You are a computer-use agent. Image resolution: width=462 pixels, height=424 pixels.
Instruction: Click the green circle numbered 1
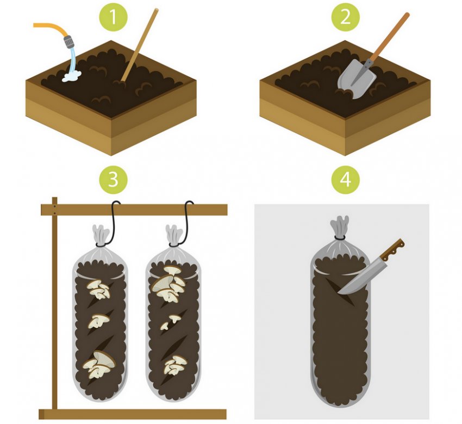click(x=114, y=17)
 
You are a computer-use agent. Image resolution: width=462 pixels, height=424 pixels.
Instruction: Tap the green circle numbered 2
click(x=345, y=17)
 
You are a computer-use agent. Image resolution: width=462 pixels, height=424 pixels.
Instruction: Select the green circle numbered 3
click(x=114, y=180)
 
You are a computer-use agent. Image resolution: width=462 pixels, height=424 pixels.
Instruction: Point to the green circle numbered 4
click(x=345, y=180)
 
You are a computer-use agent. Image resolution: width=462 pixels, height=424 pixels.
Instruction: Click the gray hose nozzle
click(x=68, y=41)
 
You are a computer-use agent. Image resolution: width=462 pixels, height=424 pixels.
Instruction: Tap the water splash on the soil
click(x=72, y=76)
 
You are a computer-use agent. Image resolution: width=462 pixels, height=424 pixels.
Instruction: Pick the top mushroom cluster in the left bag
click(x=99, y=290)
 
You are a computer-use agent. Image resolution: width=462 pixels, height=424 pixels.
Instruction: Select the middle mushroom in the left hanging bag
click(x=98, y=321)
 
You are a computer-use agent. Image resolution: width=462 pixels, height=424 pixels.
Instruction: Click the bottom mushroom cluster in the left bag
click(x=99, y=364)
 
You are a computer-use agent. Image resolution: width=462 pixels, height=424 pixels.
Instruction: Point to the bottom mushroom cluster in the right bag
click(x=175, y=365)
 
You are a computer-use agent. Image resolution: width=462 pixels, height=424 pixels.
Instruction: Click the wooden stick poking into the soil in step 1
click(x=140, y=44)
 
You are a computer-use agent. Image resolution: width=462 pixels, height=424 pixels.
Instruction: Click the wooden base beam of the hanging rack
click(x=133, y=414)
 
